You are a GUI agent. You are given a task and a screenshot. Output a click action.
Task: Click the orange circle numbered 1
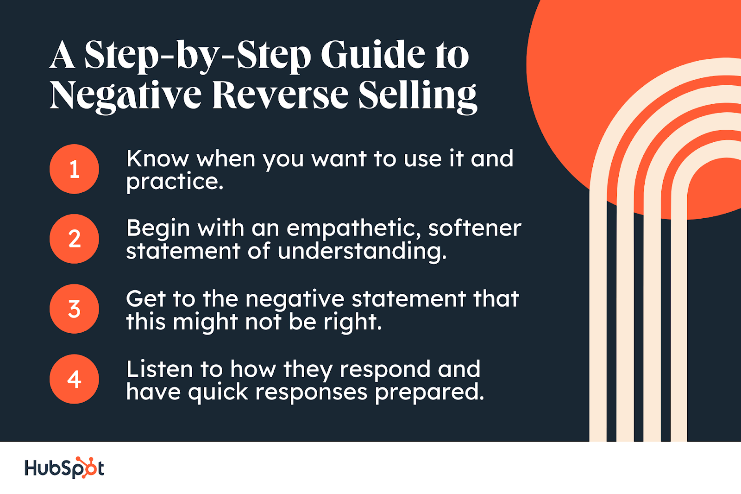[x=74, y=169]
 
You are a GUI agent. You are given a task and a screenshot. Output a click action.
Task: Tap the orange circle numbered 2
[x=74, y=239]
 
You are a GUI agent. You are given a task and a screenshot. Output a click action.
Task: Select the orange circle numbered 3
[x=74, y=309]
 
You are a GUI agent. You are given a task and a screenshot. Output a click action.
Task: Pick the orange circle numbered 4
[x=74, y=379]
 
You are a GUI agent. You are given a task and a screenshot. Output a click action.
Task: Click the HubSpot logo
[x=64, y=468]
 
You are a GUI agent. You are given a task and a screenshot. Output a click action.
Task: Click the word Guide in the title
[x=373, y=55]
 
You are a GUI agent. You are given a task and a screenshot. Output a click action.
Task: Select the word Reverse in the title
[x=280, y=95]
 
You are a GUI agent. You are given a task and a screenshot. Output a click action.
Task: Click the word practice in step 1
[x=175, y=182]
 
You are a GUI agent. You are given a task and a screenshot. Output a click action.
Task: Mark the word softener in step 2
[x=475, y=228]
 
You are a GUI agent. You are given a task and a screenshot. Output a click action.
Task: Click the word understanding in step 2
[x=362, y=252]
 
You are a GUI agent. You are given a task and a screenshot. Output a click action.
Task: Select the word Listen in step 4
[x=159, y=369]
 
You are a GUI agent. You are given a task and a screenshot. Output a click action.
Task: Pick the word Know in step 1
[x=157, y=159]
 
